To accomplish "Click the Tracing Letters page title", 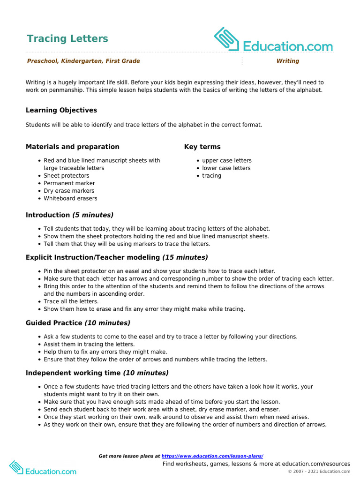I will pyautogui.click(x=67, y=38).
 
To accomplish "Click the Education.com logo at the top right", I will pyautogui.click(x=273, y=41).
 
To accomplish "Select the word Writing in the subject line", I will pyautogui.click(x=287, y=61).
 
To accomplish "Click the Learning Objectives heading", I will pyautogui.click(x=61, y=110).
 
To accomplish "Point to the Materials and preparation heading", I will pyautogui.click(x=73, y=147).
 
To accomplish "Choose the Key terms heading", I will pyautogui.click(x=202, y=147).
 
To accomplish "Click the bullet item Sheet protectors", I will pyautogui.click(x=66, y=176).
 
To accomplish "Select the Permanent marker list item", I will pyautogui.click(x=69, y=183).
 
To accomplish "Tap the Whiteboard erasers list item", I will pyautogui.click(x=70, y=198).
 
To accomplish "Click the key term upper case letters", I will pyautogui.click(x=227, y=160).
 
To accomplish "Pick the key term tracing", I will pyautogui.click(x=212, y=176).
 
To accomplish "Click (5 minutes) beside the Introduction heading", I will pyautogui.click(x=93, y=215).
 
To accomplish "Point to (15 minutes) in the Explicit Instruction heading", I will pyautogui.click(x=185, y=257).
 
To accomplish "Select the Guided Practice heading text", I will pyautogui.click(x=54, y=323).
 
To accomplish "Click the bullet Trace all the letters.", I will pyautogui.click(x=71, y=301).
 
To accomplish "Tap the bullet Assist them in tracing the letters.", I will pyautogui.click(x=89, y=344).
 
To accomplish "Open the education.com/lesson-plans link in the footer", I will pyautogui.click(x=212, y=456).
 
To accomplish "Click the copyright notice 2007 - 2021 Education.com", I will pyautogui.click(x=319, y=472).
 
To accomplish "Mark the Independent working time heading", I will pyautogui.click(x=73, y=373).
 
